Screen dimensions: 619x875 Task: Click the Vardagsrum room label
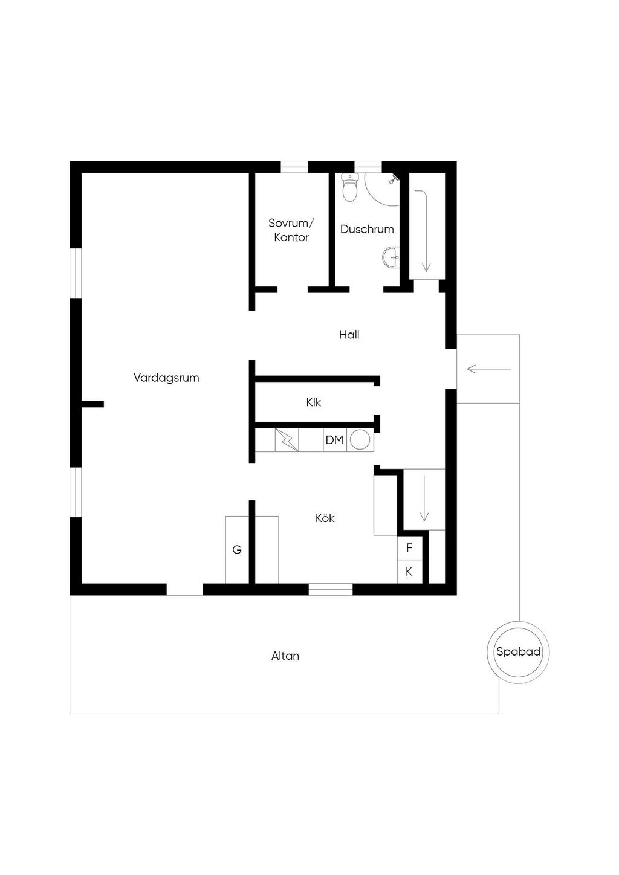pos(166,378)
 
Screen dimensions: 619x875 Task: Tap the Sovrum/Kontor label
pos(291,230)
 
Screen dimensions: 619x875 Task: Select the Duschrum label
pos(367,229)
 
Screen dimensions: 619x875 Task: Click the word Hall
pos(349,335)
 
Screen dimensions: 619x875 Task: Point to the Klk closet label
pos(313,402)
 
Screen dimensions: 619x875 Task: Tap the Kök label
pos(325,518)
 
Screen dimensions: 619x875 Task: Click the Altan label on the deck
pos(285,656)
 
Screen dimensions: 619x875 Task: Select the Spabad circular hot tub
pos(518,652)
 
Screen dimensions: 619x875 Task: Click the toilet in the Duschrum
pos(350,187)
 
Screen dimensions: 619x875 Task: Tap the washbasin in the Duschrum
pos(391,257)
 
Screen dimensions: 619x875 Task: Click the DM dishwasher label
pos(334,441)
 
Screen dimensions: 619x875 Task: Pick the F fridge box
pos(409,548)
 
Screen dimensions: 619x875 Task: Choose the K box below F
pos(409,572)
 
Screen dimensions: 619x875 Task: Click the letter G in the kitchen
pos(237,550)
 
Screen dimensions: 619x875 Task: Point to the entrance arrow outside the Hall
pos(489,369)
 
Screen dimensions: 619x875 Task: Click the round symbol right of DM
pos(360,440)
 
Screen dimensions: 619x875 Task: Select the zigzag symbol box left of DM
pos(287,440)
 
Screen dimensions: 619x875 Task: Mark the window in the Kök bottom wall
pos(331,589)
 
